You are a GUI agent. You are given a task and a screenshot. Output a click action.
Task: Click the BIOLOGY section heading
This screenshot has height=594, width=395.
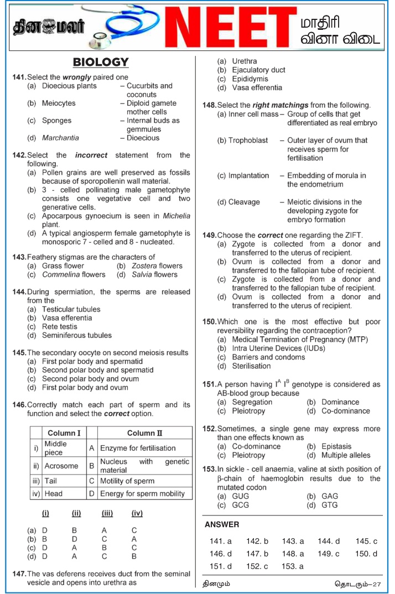(x=101, y=62)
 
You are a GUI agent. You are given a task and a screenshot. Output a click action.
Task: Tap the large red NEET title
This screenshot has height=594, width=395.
(x=227, y=28)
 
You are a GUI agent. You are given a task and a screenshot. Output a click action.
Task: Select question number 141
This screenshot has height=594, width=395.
(x=19, y=77)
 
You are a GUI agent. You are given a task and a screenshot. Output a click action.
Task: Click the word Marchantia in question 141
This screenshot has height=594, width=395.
(x=60, y=138)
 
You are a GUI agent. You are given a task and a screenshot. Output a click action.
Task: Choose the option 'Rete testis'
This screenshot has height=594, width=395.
(x=60, y=326)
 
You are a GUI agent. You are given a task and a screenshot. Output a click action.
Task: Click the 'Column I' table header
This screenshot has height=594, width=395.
(x=64, y=433)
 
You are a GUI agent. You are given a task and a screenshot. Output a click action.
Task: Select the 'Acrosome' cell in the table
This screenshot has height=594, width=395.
(x=61, y=466)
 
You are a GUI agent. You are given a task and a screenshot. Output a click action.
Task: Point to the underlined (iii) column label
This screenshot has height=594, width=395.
(x=107, y=513)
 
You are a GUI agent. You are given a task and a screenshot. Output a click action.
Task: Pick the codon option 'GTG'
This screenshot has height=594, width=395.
(x=330, y=505)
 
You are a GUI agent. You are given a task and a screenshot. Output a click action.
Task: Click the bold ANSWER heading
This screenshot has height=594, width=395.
(x=222, y=524)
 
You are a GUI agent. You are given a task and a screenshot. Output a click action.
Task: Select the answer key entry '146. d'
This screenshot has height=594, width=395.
(x=221, y=554)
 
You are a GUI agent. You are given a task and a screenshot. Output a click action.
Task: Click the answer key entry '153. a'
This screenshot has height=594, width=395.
(x=293, y=566)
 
